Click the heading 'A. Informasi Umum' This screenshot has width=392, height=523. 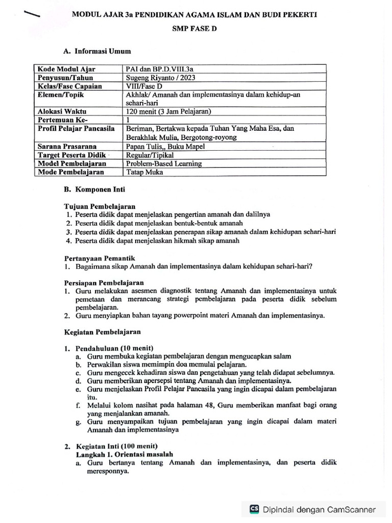click(x=97, y=51)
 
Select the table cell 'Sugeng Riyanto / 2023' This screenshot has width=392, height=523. click(x=159, y=78)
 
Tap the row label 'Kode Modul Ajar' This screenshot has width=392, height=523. click(x=66, y=69)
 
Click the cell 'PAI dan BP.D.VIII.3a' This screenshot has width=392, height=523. click(x=159, y=69)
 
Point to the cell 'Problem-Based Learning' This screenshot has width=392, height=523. click(x=164, y=163)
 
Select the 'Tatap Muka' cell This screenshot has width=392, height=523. click(x=144, y=172)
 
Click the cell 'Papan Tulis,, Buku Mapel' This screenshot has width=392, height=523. click(x=165, y=146)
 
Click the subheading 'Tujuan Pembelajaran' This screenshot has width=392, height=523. click(x=100, y=206)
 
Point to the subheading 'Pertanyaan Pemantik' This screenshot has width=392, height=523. click(x=100, y=258)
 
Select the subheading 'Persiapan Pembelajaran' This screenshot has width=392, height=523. click(x=104, y=282)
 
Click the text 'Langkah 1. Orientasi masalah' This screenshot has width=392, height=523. click(x=125, y=454)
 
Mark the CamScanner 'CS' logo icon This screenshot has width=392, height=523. click(x=254, y=509)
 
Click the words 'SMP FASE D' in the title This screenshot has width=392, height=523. click(x=194, y=29)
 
